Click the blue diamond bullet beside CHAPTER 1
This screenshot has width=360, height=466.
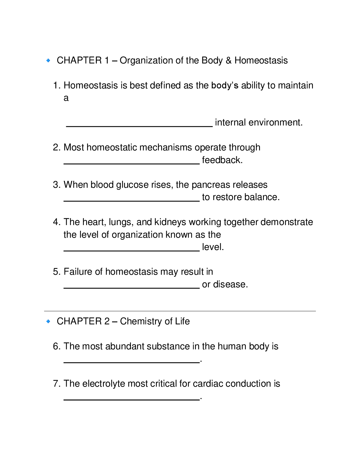(49, 61)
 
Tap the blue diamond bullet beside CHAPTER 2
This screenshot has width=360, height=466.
(49, 321)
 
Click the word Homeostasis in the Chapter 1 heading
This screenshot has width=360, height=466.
(261, 61)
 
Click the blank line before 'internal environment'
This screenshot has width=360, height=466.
(139, 126)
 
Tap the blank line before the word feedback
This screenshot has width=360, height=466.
(131, 163)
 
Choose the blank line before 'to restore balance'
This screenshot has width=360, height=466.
(131, 200)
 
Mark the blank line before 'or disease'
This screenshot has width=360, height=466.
(131, 288)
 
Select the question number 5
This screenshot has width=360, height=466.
(56, 272)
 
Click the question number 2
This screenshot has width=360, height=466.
(56, 147)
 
